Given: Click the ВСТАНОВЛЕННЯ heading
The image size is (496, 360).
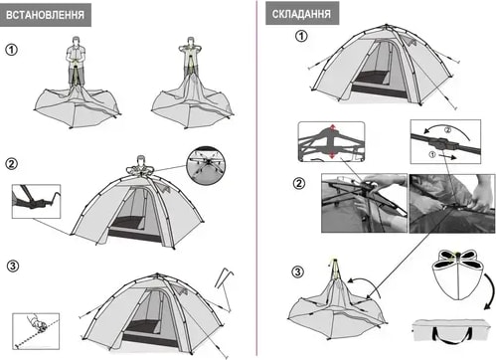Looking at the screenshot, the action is pos(46,15).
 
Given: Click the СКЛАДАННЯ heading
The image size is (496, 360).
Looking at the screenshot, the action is pos(301,14).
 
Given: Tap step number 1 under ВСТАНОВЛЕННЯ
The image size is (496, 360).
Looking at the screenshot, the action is pos(11,50).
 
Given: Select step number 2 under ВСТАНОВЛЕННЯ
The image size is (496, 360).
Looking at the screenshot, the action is pos(12,164).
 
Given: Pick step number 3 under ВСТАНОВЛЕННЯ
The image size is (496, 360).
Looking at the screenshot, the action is pos(13,266).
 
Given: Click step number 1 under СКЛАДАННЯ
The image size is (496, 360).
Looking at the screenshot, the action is pos(301,36).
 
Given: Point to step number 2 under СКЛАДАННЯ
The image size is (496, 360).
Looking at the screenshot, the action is pos(299,183).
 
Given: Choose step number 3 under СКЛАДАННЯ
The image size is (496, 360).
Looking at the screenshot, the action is pos(297,272).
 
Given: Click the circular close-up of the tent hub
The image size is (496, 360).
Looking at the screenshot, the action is pos(206,165).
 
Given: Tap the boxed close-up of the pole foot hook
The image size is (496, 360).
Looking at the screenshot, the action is pos(36,201).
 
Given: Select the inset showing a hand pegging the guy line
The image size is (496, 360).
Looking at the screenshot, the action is pos(36,331).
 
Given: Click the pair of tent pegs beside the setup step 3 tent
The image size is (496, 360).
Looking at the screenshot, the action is pos(225,277).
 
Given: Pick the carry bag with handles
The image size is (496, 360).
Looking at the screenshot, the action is pos(452,331).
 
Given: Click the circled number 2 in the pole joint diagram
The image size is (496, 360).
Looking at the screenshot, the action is pos(447,130).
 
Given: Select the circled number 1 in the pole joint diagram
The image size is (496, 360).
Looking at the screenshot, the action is pos(432,154).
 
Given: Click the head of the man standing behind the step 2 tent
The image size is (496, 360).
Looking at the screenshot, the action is pos(141,159).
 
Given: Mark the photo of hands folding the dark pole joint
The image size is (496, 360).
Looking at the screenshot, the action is pos(452,203).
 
